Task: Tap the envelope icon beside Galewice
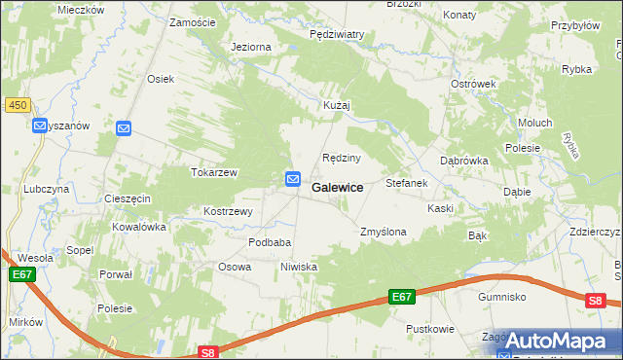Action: [x=292, y=179]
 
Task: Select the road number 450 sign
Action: [x=16, y=105]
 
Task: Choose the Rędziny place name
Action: [x=342, y=158]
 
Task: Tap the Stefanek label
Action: [x=407, y=183]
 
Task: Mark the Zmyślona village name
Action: [x=383, y=233]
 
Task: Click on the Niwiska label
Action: [x=299, y=267]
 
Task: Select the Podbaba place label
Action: [x=270, y=242]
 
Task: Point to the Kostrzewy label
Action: [x=228, y=211]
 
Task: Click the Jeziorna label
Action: [x=250, y=47]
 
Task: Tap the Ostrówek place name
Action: [x=473, y=84]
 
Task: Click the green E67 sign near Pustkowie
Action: [x=402, y=297]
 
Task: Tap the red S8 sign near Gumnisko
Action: [x=596, y=302]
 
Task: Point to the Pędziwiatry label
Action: [x=336, y=34]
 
